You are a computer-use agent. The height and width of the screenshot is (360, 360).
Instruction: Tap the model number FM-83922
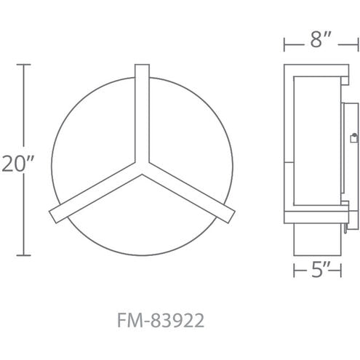(x=161, y=321)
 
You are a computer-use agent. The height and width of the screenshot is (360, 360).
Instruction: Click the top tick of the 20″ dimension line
(x=23, y=65)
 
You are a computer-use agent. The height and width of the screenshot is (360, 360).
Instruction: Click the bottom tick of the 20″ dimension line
(x=23, y=255)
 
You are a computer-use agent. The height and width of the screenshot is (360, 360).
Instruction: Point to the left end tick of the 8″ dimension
(x=284, y=44)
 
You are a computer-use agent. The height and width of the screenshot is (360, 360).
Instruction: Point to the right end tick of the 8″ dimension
(x=358, y=44)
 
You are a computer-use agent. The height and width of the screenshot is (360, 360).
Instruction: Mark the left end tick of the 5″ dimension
(x=294, y=271)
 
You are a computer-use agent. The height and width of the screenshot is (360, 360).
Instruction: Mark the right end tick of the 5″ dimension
(x=341, y=271)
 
